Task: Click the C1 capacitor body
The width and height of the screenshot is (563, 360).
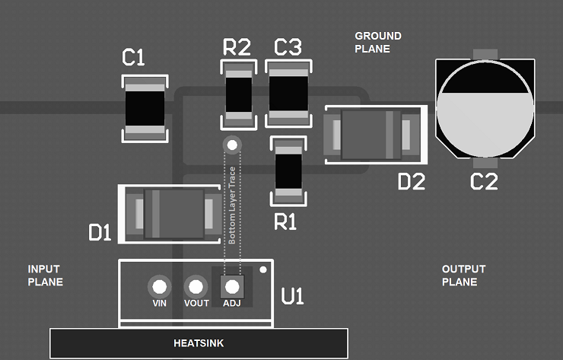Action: (145, 108)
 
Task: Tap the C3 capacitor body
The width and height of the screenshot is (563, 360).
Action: (288, 94)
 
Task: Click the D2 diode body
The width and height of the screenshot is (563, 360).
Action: (372, 135)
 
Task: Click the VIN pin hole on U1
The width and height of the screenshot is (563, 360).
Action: (159, 287)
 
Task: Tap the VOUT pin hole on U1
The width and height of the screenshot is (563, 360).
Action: (196, 287)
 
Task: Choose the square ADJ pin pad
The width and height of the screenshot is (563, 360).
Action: (231, 287)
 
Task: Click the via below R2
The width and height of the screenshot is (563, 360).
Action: (231, 144)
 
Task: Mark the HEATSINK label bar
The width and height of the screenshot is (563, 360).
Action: (199, 343)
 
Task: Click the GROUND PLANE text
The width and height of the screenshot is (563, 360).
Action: (377, 43)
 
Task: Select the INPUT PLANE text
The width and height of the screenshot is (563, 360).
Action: (45, 276)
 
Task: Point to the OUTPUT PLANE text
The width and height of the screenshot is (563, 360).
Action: (463, 276)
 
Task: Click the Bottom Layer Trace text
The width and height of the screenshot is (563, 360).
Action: (232, 206)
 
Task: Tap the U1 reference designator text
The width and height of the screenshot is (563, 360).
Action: (292, 297)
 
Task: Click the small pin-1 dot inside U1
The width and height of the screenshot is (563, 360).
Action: (263, 269)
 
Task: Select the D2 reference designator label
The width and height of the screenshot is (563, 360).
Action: (411, 181)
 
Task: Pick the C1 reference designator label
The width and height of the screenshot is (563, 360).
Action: (133, 58)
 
